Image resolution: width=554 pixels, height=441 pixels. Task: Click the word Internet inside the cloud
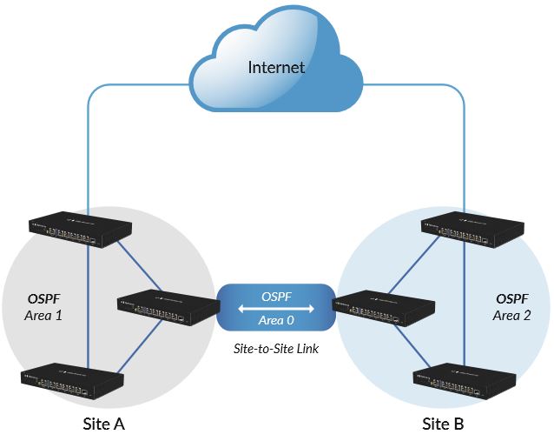(276, 67)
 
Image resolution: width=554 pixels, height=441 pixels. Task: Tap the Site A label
(104, 424)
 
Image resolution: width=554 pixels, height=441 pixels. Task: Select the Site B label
(443, 424)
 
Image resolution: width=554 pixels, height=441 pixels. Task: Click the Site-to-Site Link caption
(276, 349)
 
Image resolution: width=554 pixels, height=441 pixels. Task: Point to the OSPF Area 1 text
(43, 307)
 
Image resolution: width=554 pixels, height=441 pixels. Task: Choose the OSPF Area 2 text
(512, 307)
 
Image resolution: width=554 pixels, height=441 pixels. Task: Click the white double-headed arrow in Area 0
(276, 309)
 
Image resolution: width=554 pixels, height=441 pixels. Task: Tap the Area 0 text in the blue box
(276, 320)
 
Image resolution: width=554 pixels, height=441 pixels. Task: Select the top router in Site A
(80, 230)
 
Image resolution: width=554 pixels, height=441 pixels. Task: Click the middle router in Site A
(168, 307)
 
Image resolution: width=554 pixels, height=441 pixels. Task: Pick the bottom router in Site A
(72, 381)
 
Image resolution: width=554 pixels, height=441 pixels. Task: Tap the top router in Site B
(472, 230)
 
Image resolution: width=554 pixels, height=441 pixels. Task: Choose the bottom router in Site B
(465, 381)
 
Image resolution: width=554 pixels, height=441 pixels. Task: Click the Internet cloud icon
(276, 58)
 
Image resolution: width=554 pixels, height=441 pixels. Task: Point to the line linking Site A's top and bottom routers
(88, 307)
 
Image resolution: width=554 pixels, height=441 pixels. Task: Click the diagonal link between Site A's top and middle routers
(139, 265)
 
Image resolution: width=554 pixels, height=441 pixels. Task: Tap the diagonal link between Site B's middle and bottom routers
(412, 346)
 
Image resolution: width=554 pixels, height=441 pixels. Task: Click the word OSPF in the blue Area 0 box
(276, 297)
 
